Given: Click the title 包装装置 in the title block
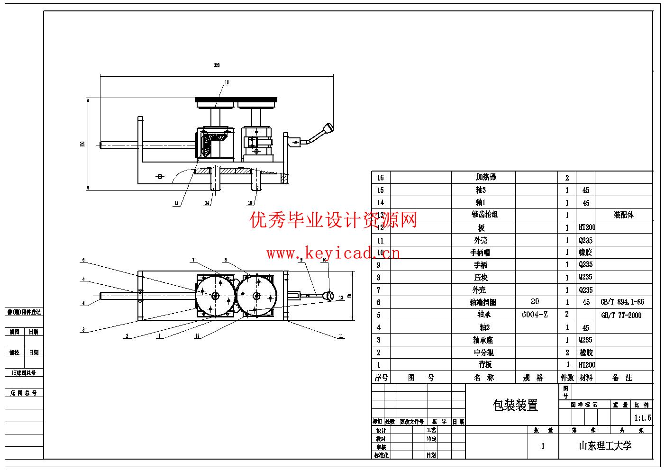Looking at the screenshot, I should point(515,405).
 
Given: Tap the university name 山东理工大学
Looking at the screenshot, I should point(605,445).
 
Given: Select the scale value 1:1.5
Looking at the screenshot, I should point(642,418).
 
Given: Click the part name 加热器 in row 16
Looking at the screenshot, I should point(486,177).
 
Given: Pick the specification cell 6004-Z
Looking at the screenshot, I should point(535,315).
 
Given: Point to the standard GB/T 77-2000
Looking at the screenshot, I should point(621,315).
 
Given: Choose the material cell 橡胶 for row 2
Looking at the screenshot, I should point(586,352).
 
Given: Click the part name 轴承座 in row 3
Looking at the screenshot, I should point(483,340).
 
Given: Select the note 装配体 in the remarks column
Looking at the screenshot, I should point(623,215).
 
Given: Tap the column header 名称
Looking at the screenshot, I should point(484,378).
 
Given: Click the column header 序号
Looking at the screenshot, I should point(381,378).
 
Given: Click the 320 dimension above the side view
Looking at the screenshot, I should point(217,65).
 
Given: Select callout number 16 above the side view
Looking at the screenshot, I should point(227,82).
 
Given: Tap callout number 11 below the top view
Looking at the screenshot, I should point(341,336).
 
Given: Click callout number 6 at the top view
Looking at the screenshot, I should point(83,260).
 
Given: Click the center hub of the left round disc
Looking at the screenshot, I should point(215,296).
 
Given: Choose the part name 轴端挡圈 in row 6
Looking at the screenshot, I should point(483,302).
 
